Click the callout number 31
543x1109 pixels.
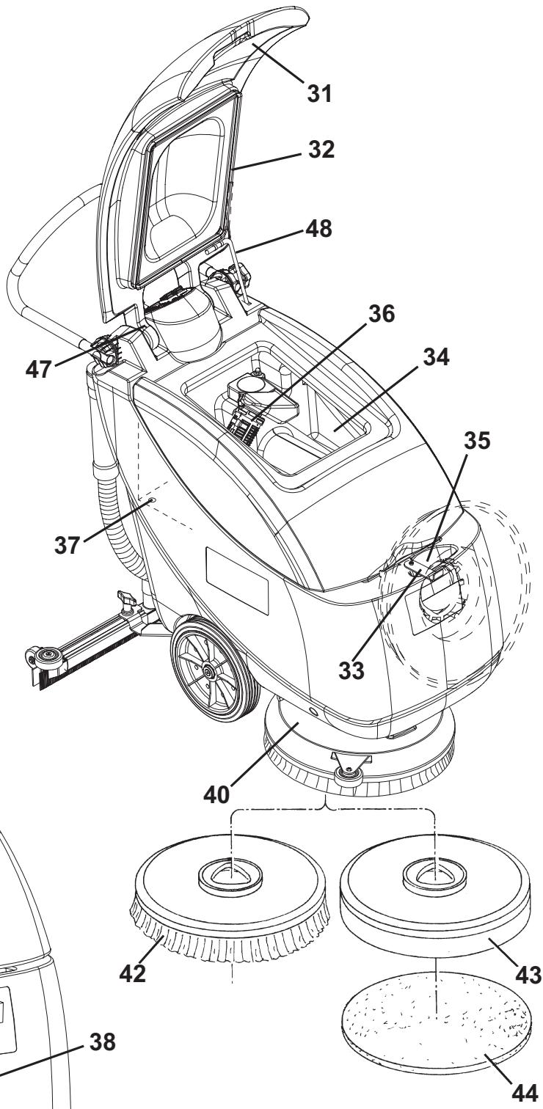[x=319, y=93]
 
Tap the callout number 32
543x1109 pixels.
[x=321, y=150]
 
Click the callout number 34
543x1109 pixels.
[x=436, y=356]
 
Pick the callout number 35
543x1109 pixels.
[x=477, y=441]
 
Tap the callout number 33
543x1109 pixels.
[x=351, y=670]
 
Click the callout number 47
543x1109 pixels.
[x=39, y=369]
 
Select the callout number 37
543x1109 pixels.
[x=68, y=545]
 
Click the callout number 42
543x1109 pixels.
[x=132, y=973]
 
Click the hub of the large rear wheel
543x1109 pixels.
[x=207, y=671]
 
